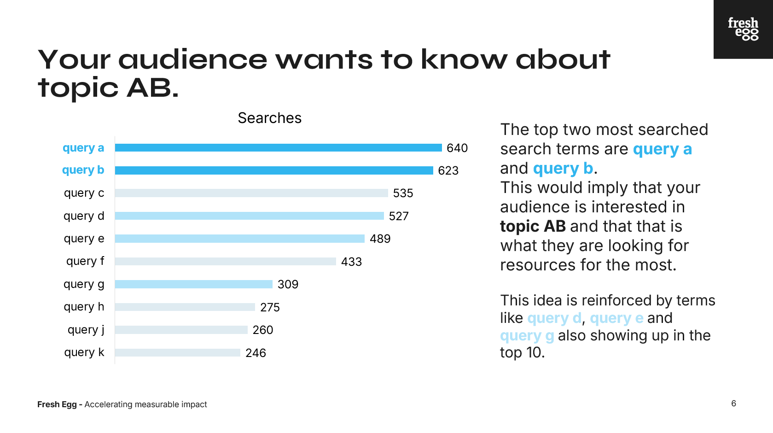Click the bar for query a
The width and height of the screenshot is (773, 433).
coord(278,148)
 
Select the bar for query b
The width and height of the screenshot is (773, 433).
coord(274,170)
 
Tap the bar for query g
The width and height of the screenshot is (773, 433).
coord(193,284)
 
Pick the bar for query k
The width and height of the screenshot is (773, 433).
coord(177,352)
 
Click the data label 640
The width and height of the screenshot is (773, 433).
coord(457,148)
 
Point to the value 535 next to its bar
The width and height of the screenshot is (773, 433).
coord(403,193)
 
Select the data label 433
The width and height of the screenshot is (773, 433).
coord(351,262)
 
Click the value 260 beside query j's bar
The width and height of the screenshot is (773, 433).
coord(262,330)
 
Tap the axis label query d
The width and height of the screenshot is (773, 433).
coord(84,216)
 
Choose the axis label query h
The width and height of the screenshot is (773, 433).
coord(84,307)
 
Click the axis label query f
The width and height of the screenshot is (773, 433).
coord(85,261)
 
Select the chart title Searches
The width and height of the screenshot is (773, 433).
coord(269,118)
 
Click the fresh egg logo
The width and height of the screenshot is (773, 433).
coord(743,29)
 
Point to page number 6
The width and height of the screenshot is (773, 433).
coord(734,404)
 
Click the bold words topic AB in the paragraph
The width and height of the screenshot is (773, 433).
coord(533,226)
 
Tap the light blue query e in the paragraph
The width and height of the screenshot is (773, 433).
coord(616,318)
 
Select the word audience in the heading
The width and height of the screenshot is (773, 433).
coord(192,59)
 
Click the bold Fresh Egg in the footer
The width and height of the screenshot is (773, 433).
coord(57,404)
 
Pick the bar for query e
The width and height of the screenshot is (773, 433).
coord(240,239)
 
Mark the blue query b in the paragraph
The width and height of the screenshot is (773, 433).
coord(563,169)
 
